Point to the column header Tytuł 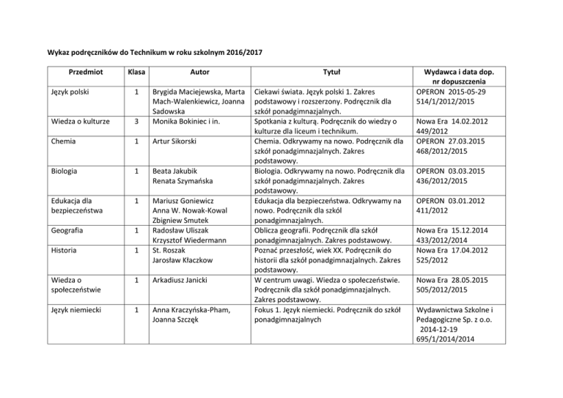(x=328, y=74)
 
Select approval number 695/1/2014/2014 (x=460, y=339)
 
